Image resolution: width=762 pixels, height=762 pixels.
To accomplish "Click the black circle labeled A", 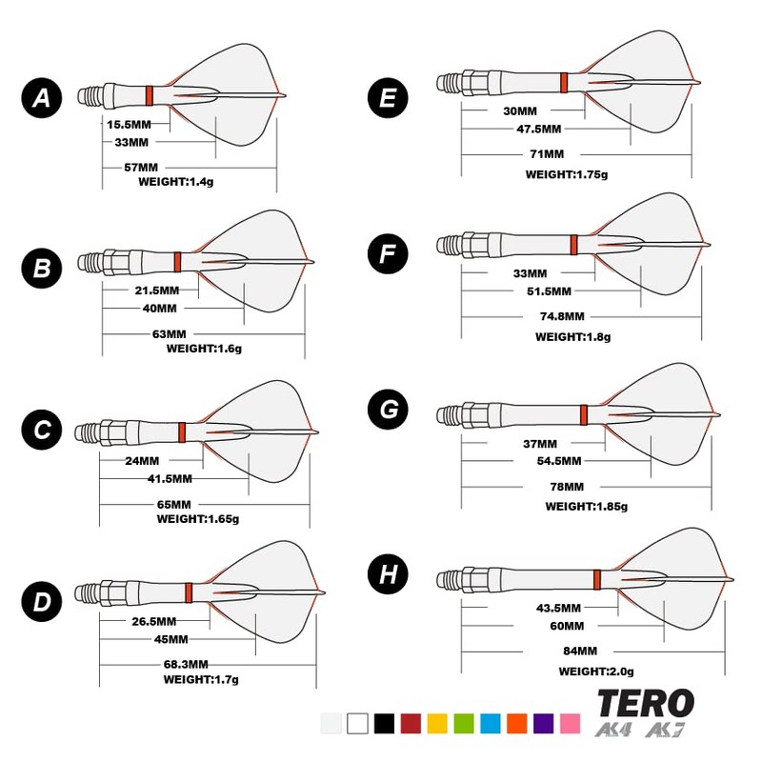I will [42, 97].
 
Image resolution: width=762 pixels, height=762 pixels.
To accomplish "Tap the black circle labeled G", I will [388, 410].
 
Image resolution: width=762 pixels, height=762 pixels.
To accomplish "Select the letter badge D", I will [42, 601].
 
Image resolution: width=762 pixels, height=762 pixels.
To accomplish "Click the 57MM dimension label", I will [141, 168].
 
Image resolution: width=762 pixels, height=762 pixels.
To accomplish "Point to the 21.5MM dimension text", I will [156, 289].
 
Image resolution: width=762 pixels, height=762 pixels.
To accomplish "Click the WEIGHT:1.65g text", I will [198, 519].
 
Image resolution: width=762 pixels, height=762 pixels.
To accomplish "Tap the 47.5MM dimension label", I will [538, 129].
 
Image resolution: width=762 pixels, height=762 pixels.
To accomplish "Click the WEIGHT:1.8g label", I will [572, 336].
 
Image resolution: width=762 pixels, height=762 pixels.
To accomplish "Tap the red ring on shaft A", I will [150, 94].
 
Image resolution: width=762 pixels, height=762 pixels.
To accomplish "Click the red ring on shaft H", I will [596, 578].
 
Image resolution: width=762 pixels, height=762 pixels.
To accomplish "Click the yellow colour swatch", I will [437, 723].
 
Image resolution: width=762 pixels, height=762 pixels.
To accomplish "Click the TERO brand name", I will [645, 704].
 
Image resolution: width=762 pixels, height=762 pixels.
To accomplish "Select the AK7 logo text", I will [672, 732].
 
